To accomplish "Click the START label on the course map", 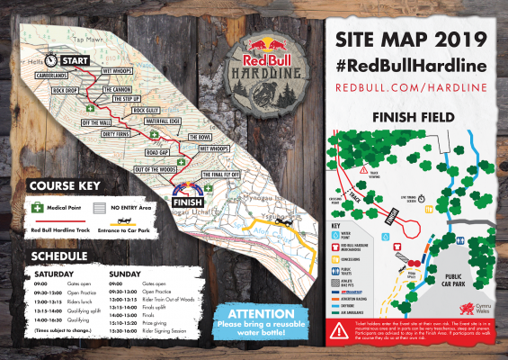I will (x=76, y=60).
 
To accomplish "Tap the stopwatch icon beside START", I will (x=53, y=60).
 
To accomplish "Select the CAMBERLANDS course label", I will (x=52, y=76).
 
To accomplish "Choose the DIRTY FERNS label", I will (x=99, y=135).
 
